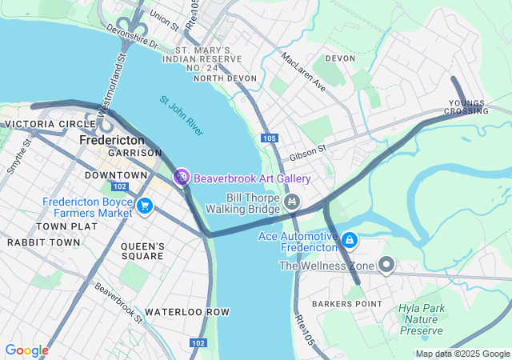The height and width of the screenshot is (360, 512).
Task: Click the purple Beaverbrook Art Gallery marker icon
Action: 182,177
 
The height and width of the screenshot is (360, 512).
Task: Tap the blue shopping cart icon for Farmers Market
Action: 145,206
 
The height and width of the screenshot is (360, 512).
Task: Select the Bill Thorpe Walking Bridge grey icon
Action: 292,202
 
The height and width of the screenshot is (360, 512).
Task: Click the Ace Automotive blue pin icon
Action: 349,240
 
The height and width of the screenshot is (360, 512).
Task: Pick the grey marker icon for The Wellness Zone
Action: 386,265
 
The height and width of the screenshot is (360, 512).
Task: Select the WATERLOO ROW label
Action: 186,311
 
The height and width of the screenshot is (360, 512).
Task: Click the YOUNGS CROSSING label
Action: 468,106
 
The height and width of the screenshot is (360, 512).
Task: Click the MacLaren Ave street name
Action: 303,71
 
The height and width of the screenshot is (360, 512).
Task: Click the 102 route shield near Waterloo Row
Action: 197,342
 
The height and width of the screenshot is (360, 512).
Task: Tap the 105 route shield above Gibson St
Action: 269,138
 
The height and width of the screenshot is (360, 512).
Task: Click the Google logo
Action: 26,350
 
